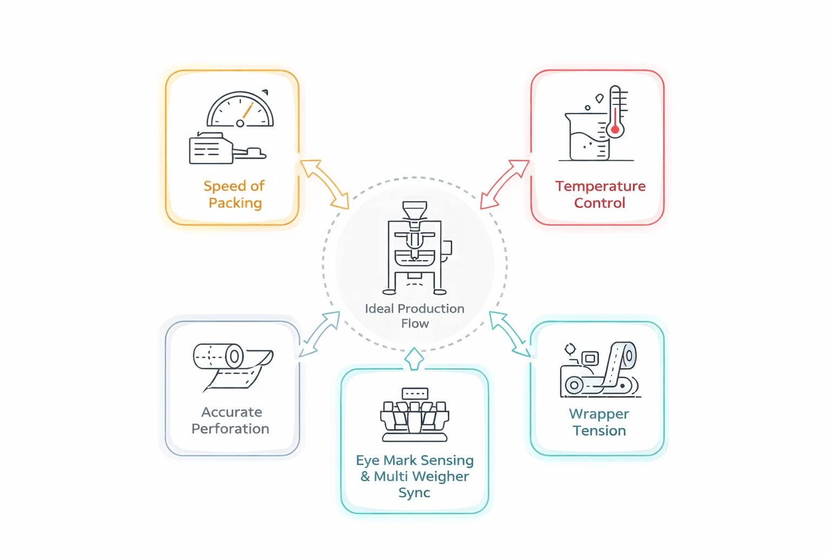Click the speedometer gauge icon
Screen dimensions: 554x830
(x=240, y=110)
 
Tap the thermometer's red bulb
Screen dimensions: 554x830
(x=615, y=130)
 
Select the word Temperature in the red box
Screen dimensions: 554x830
(x=600, y=186)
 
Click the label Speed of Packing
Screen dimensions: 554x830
(x=235, y=194)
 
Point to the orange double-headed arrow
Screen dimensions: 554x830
(x=325, y=184)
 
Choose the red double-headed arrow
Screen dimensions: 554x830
(x=505, y=184)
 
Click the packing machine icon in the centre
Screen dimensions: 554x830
(x=415, y=249)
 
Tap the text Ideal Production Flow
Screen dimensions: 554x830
(x=414, y=316)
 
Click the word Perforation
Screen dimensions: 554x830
(x=230, y=428)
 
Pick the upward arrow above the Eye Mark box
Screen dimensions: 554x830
(x=414, y=359)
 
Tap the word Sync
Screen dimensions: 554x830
(x=414, y=492)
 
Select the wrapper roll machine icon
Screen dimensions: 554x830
(x=599, y=371)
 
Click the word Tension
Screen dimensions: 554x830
(x=599, y=431)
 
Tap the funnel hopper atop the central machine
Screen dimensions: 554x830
(x=414, y=210)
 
